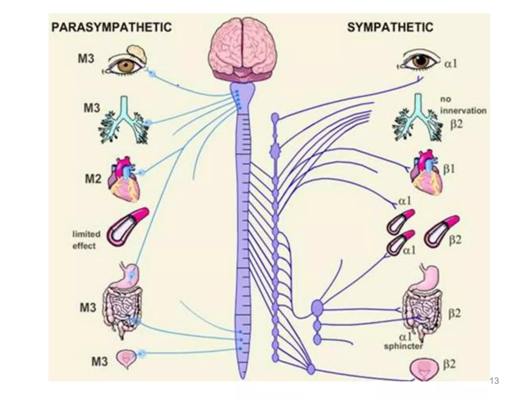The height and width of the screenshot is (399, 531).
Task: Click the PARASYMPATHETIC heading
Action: (x=111, y=27)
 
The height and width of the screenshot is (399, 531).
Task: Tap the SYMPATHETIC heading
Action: (x=390, y=27)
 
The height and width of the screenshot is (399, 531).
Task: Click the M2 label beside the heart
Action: (x=93, y=179)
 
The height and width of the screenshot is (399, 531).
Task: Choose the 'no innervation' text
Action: (x=463, y=105)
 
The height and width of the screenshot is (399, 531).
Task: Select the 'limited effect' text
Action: (x=86, y=240)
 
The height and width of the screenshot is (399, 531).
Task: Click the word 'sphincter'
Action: (x=403, y=346)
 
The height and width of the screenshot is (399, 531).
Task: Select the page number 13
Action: (x=494, y=381)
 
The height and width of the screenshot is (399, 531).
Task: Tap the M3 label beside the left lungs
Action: (x=92, y=108)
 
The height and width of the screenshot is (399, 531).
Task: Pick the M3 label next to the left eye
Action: (x=86, y=59)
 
